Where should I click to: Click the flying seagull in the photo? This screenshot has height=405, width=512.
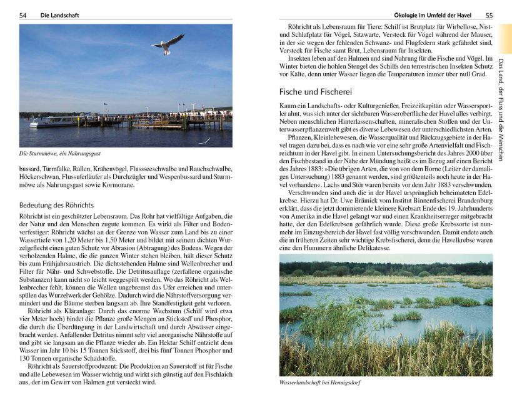(x=167, y=44)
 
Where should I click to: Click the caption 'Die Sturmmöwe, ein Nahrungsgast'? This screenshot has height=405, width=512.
(x=60, y=153)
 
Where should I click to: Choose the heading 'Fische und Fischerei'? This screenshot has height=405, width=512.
(x=316, y=91)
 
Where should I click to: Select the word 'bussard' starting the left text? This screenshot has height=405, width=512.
(x=31, y=168)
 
